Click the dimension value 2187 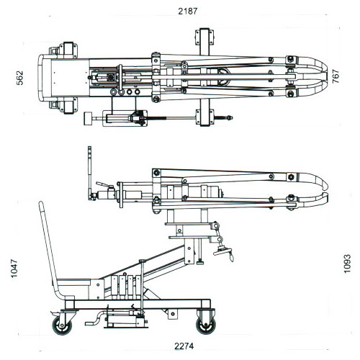coord(187,11)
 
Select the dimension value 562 coord(19,78)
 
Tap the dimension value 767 coord(336,76)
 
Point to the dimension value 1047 coord(14,268)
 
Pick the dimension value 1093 coord(347,264)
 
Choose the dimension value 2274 coord(184,346)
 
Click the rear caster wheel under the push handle coord(62,325)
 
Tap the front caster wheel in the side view coord(206,325)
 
